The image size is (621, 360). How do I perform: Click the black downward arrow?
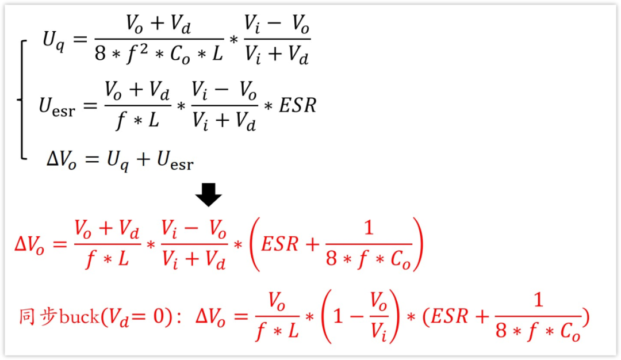pos(208,194)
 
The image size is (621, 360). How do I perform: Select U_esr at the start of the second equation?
pos(56,107)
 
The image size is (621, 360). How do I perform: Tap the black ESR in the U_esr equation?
pos(297,105)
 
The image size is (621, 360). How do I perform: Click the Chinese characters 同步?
pos(38,317)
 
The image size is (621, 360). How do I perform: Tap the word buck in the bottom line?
pos(79,317)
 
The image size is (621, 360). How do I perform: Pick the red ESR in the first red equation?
pos(279,244)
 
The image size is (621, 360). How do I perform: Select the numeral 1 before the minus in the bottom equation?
pos(339,317)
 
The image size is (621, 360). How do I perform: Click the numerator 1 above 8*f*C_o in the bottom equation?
pos(538,301)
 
